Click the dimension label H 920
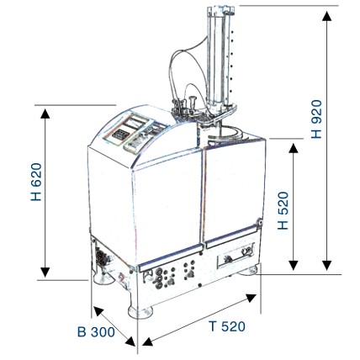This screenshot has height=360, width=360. (x=317, y=119)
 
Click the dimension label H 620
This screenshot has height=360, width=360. (x=36, y=182)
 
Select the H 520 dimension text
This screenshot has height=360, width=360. (x=283, y=210)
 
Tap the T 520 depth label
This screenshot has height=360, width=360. (x=227, y=326)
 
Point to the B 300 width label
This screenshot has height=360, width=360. (x=96, y=332)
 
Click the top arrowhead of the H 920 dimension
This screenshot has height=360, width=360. (x=326, y=16)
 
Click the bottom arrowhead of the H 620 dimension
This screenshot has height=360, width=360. (x=45, y=272)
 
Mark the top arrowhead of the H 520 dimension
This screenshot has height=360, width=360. (x=294, y=148)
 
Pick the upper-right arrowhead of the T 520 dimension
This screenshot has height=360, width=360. (x=251, y=298)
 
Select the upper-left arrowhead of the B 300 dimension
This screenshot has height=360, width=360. (x=98, y=310)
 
